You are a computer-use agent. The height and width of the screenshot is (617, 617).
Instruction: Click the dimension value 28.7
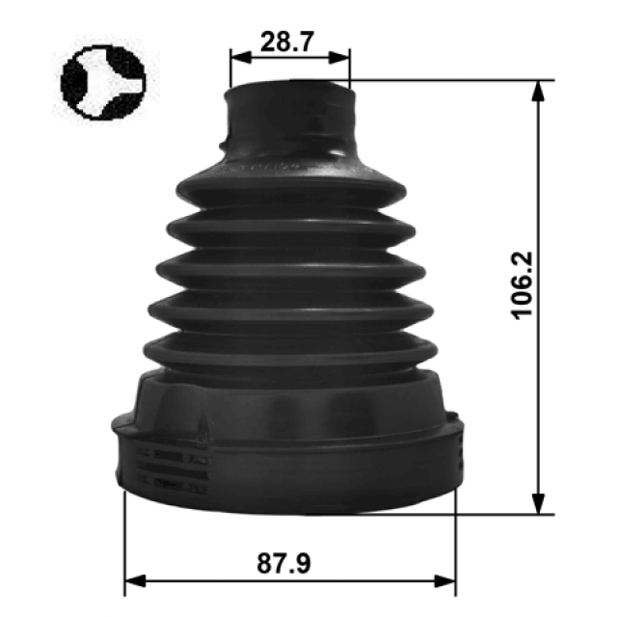(287, 42)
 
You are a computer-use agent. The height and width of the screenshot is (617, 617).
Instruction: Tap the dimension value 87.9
(283, 563)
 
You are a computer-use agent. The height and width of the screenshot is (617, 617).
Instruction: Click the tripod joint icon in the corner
(103, 82)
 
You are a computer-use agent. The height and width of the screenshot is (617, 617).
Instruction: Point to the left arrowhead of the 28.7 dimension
(241, 57)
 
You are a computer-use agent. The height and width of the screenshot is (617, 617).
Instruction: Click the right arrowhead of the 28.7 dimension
(338, 57)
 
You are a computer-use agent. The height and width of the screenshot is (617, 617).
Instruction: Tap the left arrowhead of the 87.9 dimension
(135, 580)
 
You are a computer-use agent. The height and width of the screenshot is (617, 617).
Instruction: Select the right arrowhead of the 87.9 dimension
(445, 580)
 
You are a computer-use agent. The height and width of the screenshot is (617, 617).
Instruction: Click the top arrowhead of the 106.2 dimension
(538, 91)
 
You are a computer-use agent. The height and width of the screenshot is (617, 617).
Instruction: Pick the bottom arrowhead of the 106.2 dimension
(538, 503)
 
